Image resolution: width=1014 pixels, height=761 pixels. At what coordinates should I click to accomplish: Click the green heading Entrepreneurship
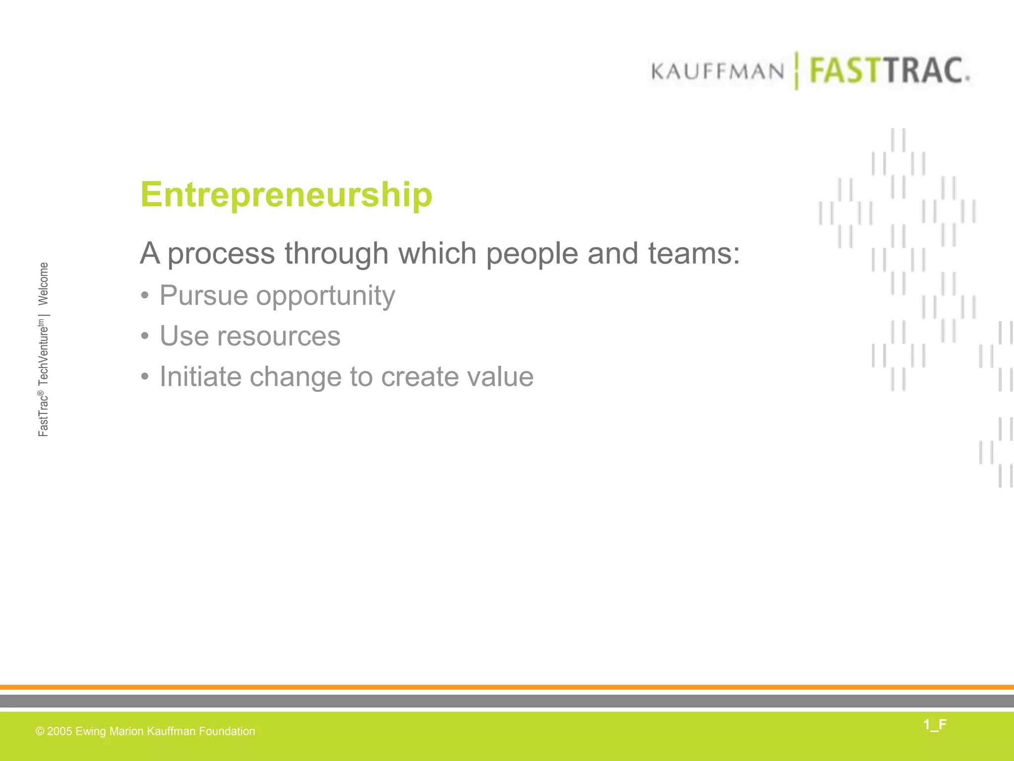(286, 195)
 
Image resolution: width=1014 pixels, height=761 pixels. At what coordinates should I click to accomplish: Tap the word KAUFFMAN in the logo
(717, 72)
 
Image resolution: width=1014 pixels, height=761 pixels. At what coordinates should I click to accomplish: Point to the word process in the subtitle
(221, 254)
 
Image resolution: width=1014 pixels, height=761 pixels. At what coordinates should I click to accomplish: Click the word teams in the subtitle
(693, 253)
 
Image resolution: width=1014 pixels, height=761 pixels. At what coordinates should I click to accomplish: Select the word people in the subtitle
(532, 254)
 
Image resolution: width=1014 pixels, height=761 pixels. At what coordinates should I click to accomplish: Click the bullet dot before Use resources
(145, 337)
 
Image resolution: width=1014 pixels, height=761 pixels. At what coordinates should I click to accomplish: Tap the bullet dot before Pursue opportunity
(145, 296)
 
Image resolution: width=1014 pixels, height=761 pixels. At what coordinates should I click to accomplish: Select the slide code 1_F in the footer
(934, 725)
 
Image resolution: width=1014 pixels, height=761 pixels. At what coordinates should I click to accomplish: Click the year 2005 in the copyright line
(59, 731)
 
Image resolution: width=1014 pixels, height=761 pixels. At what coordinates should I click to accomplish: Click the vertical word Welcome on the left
(44, 283)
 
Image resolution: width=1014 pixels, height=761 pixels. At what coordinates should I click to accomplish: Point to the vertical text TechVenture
(44, 353)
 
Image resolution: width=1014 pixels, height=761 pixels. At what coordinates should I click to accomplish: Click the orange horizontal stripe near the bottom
(507, 687)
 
